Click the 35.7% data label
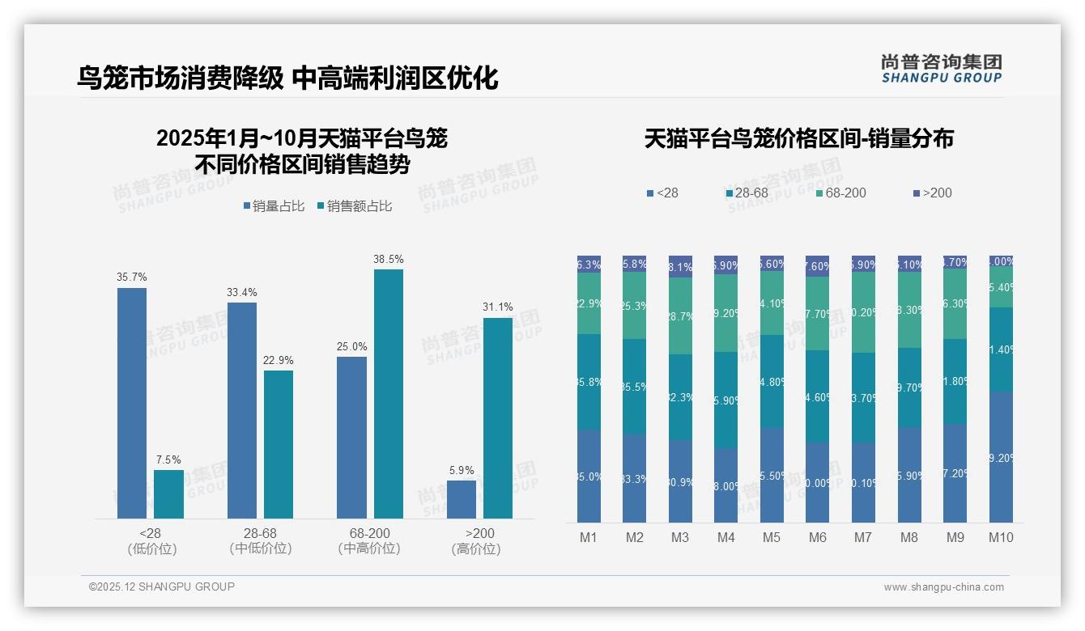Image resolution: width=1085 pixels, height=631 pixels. (x=132, y=277)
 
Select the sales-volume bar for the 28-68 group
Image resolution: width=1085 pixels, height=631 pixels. (x=241, y=410)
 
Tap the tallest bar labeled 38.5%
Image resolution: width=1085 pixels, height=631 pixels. (x=388, y=393)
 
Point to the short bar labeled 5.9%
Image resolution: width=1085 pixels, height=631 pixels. (x=462, y=499)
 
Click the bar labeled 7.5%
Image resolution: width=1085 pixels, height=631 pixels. (x=168, y=493)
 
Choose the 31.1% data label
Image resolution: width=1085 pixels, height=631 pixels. (x=498, y=307)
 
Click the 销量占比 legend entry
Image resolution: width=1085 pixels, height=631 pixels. (x=274, y=206)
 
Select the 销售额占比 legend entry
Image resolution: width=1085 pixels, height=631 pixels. (x=355, y=206)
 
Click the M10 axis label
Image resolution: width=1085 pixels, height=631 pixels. (x=1001, y=537)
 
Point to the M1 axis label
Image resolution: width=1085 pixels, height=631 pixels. (x=589, y=537)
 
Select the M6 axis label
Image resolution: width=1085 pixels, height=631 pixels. (x=817, y=537)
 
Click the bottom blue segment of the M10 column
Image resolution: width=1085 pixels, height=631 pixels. (x=1001, y=457)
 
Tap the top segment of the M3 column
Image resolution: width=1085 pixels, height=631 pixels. (x=680, y=267)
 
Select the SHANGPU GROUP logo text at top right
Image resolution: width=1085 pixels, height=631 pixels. (x=941, y=78)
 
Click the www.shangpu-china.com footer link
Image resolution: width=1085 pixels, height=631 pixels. (x=943, y=587)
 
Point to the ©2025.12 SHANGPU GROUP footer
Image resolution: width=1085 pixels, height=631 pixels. (x=162, y=587)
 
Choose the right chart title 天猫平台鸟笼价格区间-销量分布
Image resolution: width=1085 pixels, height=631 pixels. (x=798, y=139)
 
